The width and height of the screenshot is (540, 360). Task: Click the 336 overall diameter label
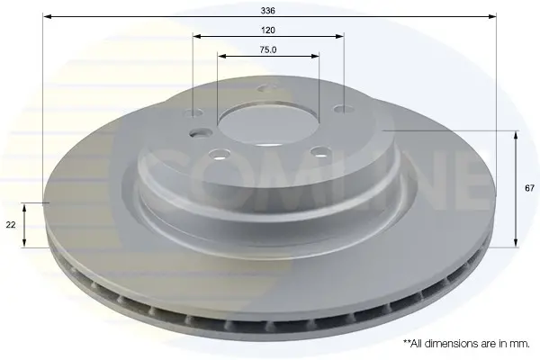click(x=267, y=11)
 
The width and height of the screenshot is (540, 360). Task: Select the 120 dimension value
click(x=268, y=31)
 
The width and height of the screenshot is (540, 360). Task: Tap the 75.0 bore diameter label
click(x=268, y=50)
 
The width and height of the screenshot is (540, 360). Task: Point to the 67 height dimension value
click(x=530, y=188)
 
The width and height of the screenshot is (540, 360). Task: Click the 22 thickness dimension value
click(x=11, y=225)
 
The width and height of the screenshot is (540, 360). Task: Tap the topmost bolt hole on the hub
click(x=267, y=88)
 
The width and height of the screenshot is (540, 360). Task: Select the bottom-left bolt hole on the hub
click(x=220, y=153)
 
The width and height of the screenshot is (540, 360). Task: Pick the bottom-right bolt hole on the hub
click(x=319, y=151)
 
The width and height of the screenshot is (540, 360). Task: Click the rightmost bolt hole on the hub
click(x=344, y=109)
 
